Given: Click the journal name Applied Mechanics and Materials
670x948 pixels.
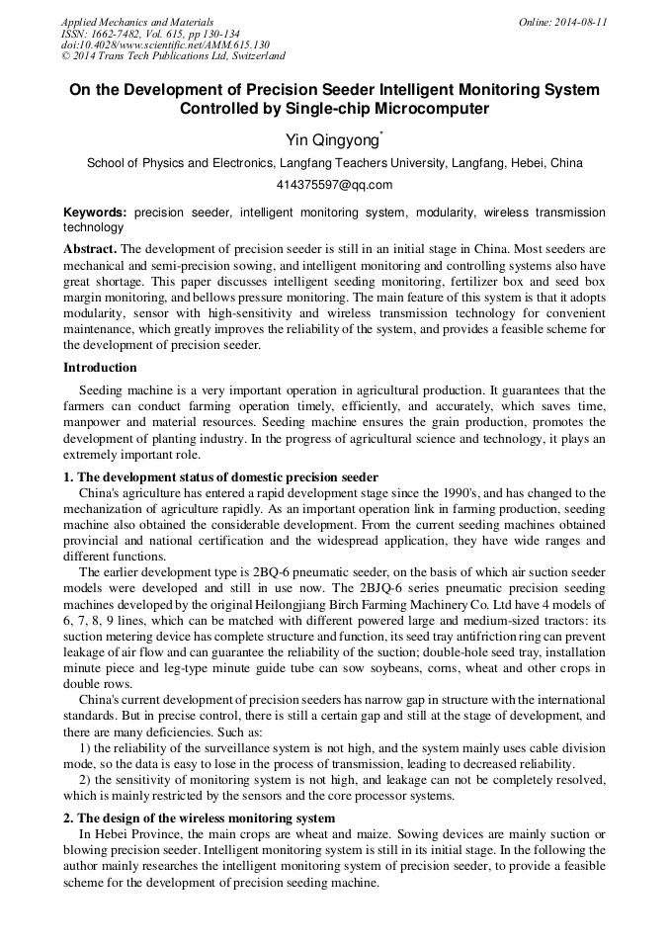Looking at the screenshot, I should click(x=136, y=22).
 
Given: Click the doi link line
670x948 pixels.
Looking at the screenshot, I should click(x=165, y=45).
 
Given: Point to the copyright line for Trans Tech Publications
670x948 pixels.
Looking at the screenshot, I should click(x=173, y=57).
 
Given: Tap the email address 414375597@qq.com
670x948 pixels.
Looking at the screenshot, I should click(x=334, y=185).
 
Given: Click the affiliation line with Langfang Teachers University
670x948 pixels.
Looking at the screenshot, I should click(x=334, y=163).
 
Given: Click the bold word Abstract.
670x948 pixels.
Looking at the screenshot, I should click(x=89, y=248).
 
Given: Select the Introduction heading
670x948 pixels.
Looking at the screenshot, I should click(x=100, y=368).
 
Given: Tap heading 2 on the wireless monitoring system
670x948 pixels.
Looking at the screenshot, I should click(x=199, y=819).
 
